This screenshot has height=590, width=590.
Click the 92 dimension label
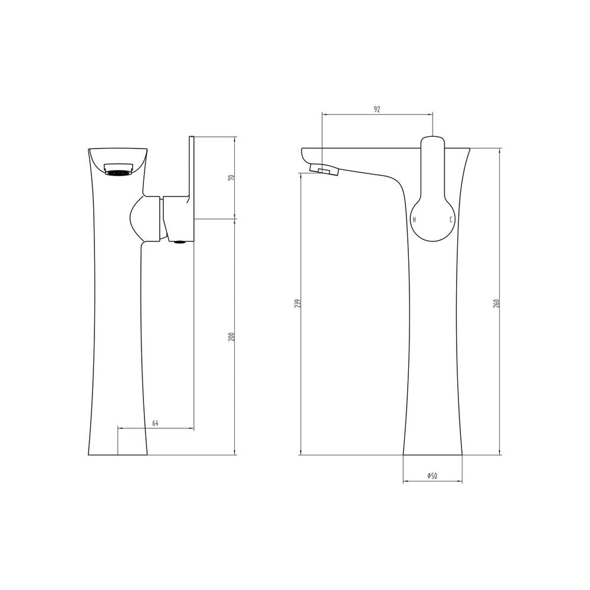[377, 109]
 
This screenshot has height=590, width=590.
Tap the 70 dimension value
[232, 177]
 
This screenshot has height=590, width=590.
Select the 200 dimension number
[232, 336]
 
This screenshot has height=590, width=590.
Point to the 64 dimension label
[155, 423]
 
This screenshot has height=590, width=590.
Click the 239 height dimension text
[297, 304]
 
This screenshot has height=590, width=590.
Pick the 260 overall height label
[496, 304]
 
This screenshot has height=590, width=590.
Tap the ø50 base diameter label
[432, 476]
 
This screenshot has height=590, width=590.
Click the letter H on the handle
[414, 219]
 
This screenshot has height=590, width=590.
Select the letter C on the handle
[450, 219]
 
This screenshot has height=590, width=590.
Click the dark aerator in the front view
[118, 173]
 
